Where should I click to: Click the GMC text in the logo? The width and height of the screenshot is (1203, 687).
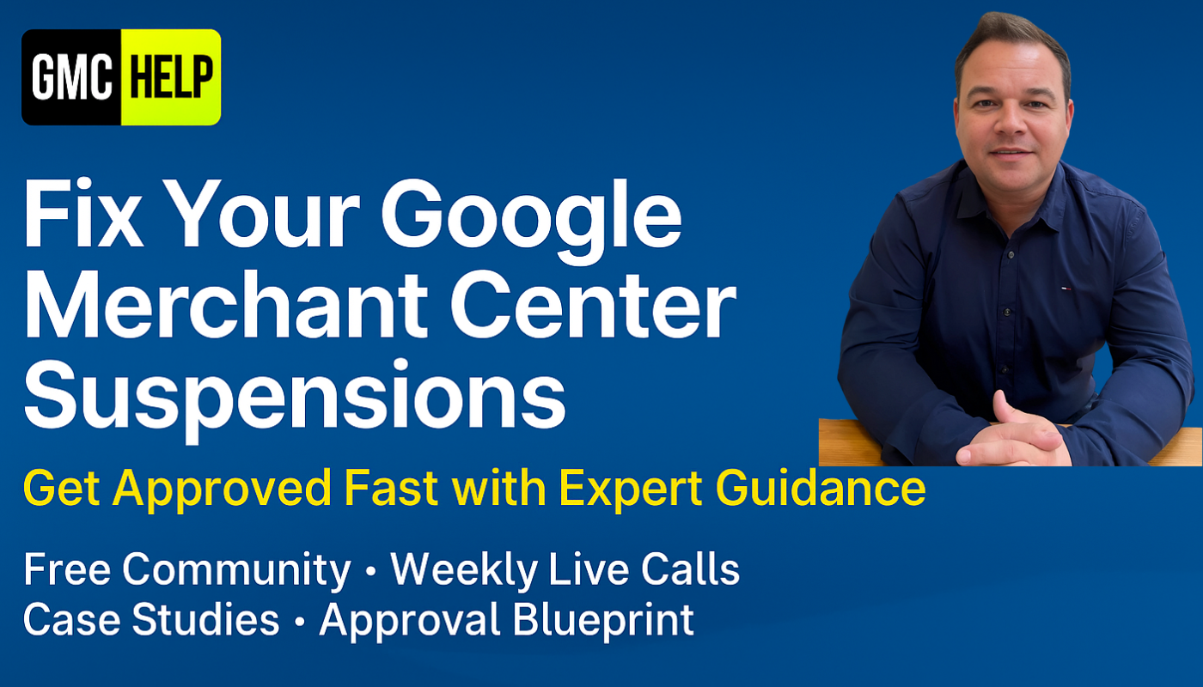coord(72,77)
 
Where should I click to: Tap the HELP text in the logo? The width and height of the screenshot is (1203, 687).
coord(171,77)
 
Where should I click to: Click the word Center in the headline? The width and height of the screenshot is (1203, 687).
coord(593,304)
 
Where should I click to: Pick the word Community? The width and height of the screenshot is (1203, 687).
coord(236,571)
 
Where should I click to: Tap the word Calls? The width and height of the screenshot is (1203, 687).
coord(690,568)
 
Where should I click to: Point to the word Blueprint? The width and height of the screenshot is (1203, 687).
coord(602,622)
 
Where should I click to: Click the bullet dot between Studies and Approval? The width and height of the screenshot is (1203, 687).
coord(300,622)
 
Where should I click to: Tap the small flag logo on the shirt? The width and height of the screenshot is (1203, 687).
coord(1066,289)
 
